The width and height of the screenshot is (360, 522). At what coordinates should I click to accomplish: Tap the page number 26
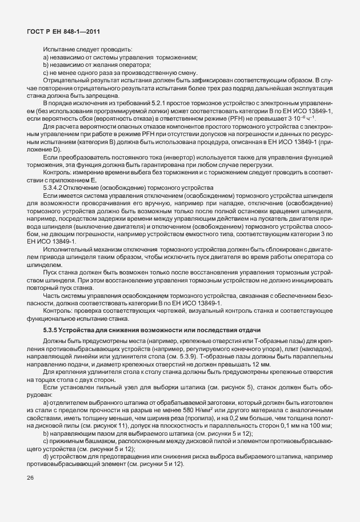coord(30,478)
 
